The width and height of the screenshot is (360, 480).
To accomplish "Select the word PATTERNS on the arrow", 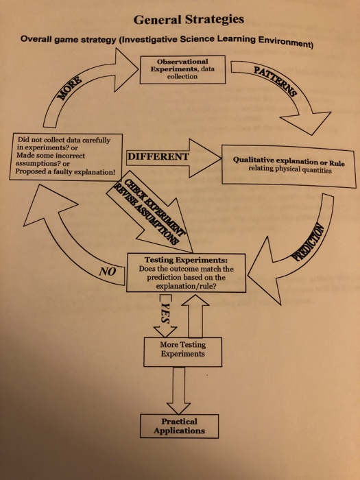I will (271, 82).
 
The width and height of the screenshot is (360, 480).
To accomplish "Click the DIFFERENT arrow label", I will (158, 157).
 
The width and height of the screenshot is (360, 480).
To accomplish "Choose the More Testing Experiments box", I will (182, 349).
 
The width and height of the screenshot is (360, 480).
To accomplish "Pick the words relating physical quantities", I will (288, 171).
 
